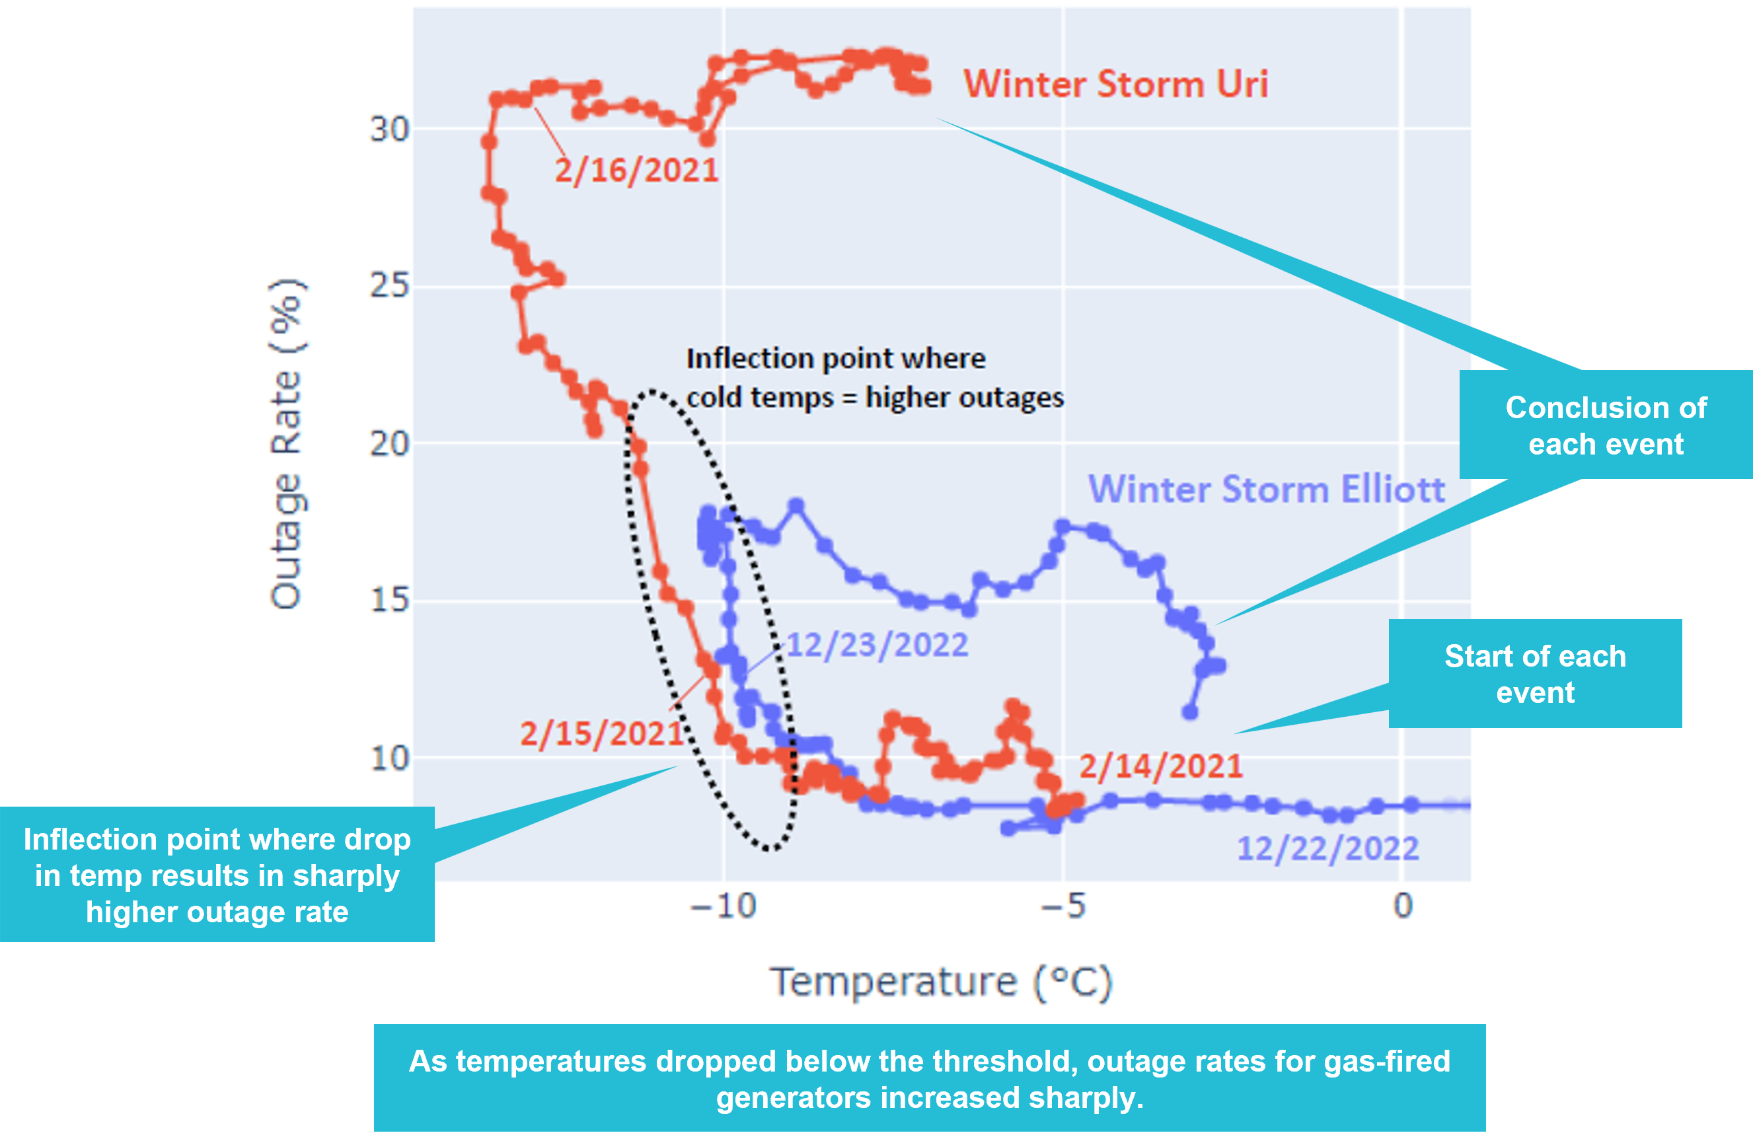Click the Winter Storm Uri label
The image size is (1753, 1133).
[1115, 84]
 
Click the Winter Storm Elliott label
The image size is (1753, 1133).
[1266, 490]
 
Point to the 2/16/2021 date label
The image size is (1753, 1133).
[636, 170]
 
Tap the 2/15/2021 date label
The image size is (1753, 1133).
[602, 733]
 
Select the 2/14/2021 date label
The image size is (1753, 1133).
[1161, 766]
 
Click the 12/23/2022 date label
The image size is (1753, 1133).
[877, 645]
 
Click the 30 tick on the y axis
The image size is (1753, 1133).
[389, 130]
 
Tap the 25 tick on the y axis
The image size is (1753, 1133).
[389, 285]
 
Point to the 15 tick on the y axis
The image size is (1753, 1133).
[389, 601]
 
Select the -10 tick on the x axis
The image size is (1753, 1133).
[724, 906]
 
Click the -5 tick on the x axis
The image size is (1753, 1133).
[1064, 906]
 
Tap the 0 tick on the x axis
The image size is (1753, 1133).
[1403, 906]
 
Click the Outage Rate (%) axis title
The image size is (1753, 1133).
[286, 444]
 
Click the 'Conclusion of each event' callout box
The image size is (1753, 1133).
[1605, 425]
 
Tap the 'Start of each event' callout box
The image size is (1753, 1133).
[1534, 674]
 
